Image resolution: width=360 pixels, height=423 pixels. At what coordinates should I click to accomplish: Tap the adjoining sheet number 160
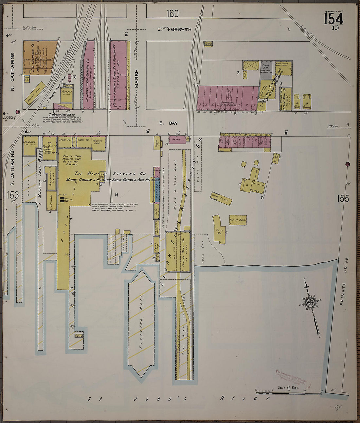click(172, 14)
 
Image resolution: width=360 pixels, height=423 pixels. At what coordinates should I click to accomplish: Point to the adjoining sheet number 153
click(12, 195)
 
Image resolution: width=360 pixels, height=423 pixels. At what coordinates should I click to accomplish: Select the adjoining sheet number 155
click(342, 198)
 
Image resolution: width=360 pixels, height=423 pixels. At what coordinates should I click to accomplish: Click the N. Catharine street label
click(13, 67)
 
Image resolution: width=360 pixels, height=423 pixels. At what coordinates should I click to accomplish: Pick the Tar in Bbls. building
click(238, 220)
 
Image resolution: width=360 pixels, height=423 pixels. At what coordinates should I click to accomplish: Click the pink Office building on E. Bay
click(176, 139)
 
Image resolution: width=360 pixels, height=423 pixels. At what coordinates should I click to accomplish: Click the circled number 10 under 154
click(334, 28)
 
